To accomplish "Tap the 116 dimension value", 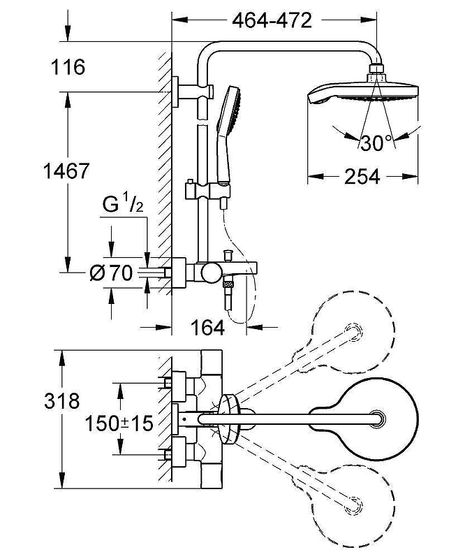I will (68, 68).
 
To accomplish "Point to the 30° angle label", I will (377, 143).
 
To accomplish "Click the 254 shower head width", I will (362, 177).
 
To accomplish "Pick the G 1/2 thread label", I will (123, 207).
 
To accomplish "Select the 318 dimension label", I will (61, 402).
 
